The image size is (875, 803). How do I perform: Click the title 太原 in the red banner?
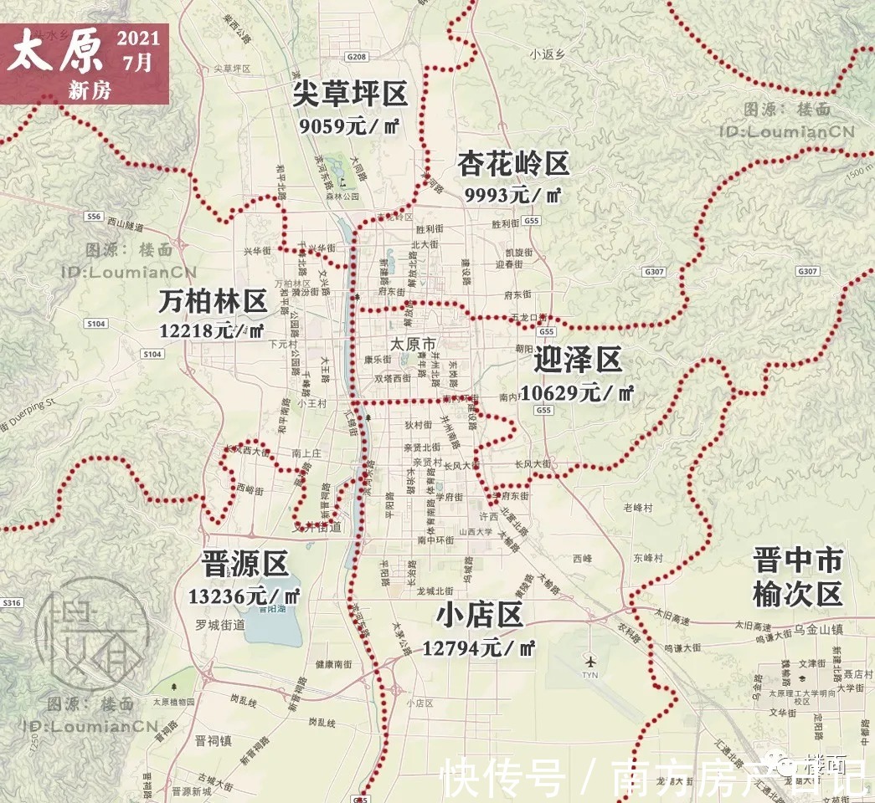(x=57, y=53)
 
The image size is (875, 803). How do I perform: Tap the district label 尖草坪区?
(x=349, y=95)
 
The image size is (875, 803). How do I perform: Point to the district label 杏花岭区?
(x=513, y=164)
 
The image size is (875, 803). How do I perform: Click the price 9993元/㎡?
(x=512, y=195)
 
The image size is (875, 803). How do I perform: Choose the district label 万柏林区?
(x=213, y=300)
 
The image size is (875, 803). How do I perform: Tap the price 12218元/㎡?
(x=212, y=330)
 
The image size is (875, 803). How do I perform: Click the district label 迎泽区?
(x=578, y=361)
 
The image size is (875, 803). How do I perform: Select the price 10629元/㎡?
(x=577, y=391)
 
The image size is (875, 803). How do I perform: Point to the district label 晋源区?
(x=244, y=564)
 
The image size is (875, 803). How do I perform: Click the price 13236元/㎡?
(x=244, y=596)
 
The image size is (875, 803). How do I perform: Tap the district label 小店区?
(x=480, y=616)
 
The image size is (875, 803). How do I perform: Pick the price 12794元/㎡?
(x=479, y=647)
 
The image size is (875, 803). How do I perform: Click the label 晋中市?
(x=796, y=560)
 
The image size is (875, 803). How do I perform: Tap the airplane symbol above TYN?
(x=591, y=658)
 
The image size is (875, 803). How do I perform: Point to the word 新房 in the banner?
(x=89, y=91)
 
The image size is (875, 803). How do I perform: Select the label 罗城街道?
(x=219, y=625)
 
